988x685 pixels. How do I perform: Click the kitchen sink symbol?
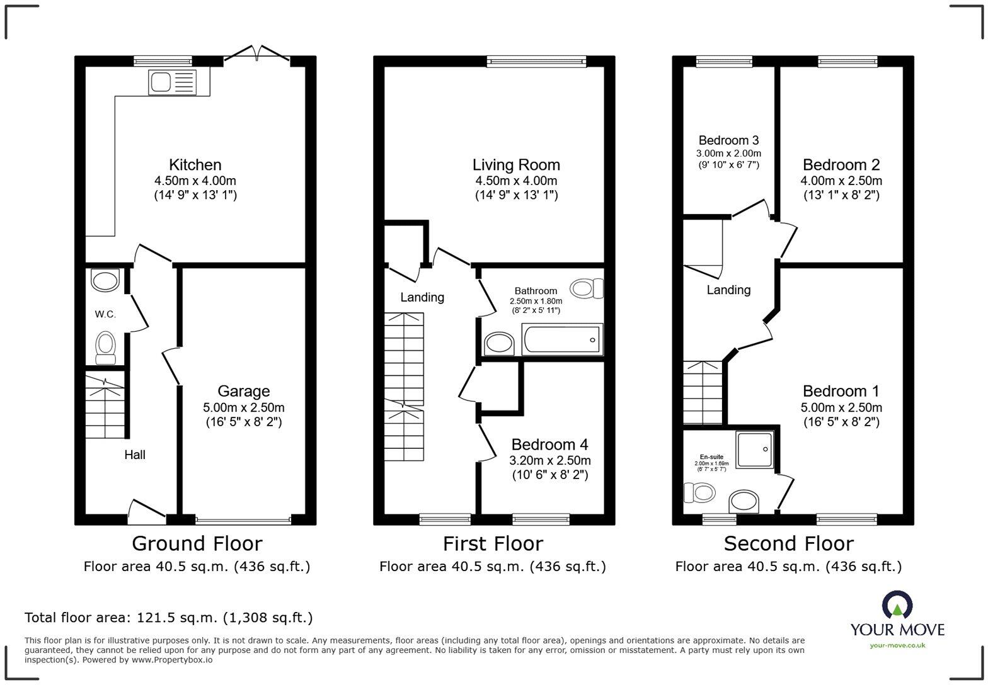pos(172,82)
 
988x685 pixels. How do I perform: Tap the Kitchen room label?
pos(195,165)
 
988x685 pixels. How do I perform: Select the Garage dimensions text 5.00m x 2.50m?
pos(243,407)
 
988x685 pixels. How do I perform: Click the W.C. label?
pos(105,314)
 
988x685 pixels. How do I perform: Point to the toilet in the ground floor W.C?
pos(105,347)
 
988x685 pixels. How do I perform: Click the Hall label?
pos(135,455)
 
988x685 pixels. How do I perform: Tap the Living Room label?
pos(516,165)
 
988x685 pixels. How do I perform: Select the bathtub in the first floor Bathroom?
pos(562,340)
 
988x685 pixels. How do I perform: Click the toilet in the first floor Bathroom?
pos(586,288)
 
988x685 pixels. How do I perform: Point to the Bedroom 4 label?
pos(550,444)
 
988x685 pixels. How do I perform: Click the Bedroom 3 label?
pos(728,140)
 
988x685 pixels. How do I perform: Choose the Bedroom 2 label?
pos(841,165)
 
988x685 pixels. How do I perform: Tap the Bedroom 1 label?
pos(841,391)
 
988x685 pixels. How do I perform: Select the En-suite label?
pos(711,457)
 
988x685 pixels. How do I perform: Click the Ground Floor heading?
pos(197,543)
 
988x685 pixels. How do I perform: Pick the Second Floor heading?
pos(788,543)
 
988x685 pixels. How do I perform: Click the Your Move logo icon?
pos(897,604)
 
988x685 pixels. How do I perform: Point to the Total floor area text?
pos(168,618)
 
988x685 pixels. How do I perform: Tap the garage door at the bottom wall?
pos(243,521)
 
